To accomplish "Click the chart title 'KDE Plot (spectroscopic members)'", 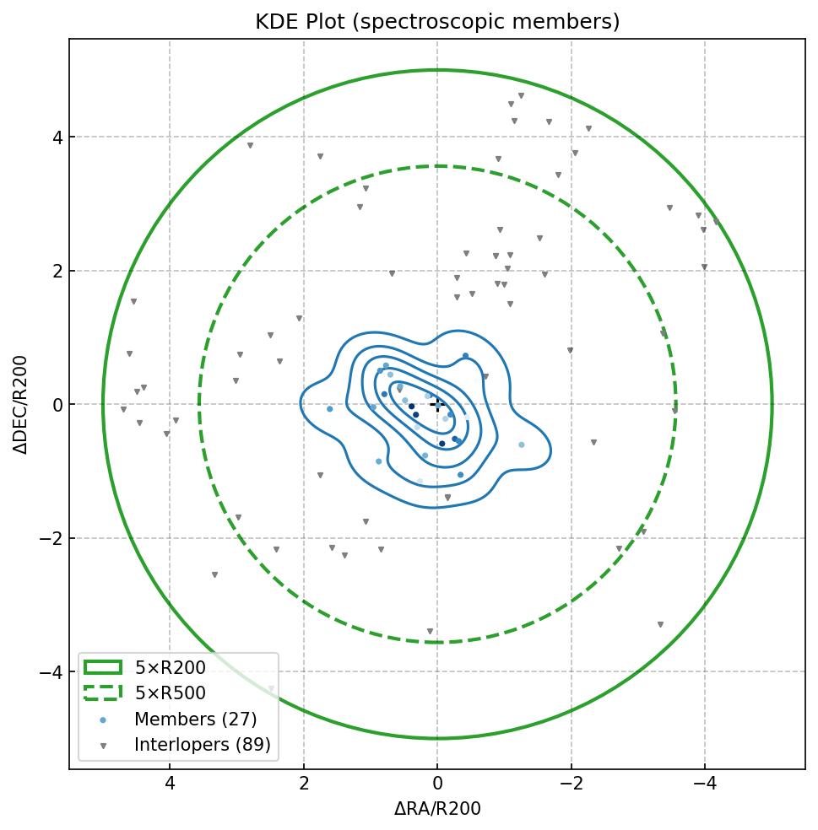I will point(437,22).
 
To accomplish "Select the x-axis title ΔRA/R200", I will point(437,809).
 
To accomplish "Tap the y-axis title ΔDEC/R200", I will point(20,405).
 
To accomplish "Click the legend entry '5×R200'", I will point(170,668).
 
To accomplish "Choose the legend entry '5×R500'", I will point(170,693).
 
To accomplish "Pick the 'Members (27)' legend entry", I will point(195,720).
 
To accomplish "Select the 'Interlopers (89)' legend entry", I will point(202,745).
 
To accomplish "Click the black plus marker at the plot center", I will point(437,404).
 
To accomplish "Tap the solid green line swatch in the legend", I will point(103,667).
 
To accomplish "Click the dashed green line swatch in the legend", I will point(103,693).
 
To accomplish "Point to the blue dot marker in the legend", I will point(103,720).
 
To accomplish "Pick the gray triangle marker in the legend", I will point(103,746).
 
